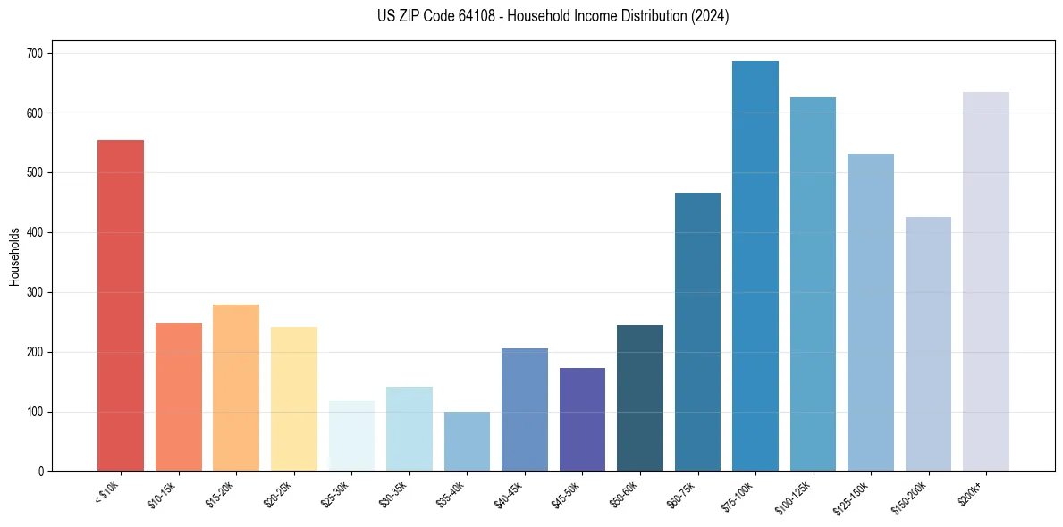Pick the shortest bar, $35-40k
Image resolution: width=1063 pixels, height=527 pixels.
click(467, 441)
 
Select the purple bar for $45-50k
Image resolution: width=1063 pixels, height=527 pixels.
click(582, 420)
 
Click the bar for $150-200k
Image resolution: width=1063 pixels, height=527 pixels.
click(928, 344)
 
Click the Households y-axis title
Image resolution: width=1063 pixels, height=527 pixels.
click(14, 256)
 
